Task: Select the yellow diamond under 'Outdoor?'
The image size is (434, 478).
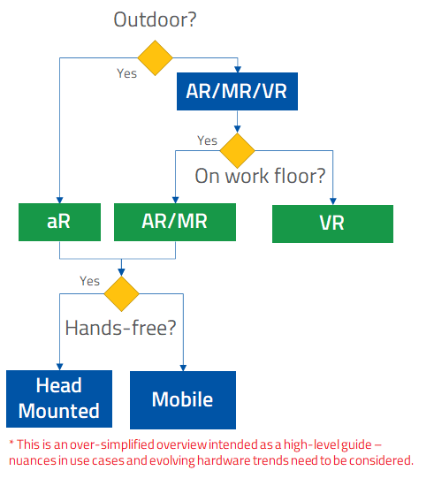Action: click(x=156, y=57)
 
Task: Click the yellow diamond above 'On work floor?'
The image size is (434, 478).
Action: click(x=237, y=150)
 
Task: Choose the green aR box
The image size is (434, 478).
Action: click(x=59, y=222)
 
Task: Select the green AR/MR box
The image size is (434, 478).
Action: click(x=175, y=222)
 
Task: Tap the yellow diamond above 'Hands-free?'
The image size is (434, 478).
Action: click(x=121, y=292)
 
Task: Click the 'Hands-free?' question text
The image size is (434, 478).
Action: click(x=121, y=327)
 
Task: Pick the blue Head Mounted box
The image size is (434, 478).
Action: click(x=59, y=398)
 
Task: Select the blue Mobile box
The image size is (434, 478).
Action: click(x=183, y=399)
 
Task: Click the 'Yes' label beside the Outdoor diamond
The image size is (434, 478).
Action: click(x=126, y=73)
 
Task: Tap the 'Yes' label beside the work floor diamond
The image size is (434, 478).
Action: click(x=207, y=140)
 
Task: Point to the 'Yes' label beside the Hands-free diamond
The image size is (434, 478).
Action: click(x=89, y=281)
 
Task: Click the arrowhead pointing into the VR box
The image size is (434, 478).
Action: click(x=332, y=201)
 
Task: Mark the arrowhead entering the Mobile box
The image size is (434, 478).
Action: click(x=183, y=366)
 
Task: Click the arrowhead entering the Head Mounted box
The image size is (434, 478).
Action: click(x=59, y=366)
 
